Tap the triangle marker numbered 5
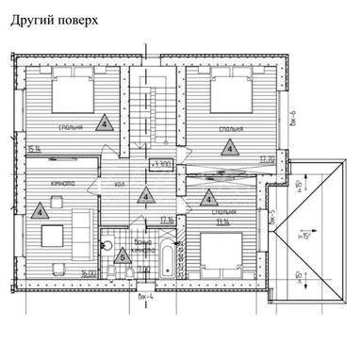[x=122, y=254]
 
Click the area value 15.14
[x=36, y=150]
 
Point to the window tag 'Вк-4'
[x=144, y=297]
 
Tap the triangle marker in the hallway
[x=144, y=196]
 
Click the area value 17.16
[x=168, y=219]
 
